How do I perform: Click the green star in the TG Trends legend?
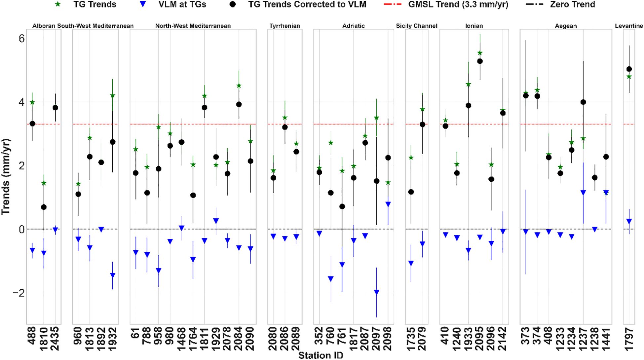click(x=58, y=5)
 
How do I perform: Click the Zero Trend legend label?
click(x=572, y=5)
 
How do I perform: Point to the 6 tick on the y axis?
click(x=21, y=39)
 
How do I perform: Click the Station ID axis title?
click(x=321, y=355)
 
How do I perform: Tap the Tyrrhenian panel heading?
click(x=284, y=26)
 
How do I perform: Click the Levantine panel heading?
click(x=629, y=26)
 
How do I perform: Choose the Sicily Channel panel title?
click(x=416, y=26)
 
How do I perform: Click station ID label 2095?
click(x=480, y=339)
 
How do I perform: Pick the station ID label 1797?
click(x=629, y=339)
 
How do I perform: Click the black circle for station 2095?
click(x=480, y=61)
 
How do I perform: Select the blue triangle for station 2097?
click(x=376, y=292)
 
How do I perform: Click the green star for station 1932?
click(x=113, y=95)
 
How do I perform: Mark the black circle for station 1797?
click(x=629, y=69)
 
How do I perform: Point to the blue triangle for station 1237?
click(x=583, y=193)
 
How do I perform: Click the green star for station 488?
click(x=32, y=102)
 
